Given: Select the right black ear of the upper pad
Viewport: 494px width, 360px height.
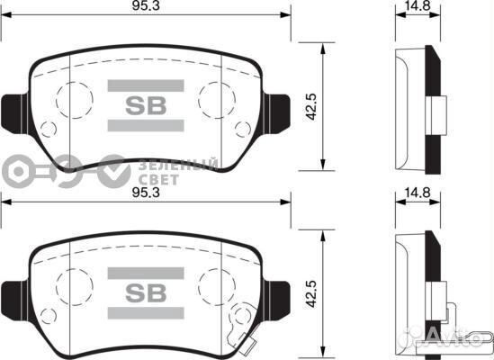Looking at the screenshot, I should (280, 109).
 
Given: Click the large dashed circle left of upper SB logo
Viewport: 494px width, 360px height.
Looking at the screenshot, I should (73, 98).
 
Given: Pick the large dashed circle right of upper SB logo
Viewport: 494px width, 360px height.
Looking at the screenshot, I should (217, 98).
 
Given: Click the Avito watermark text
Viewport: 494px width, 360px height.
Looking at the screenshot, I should (459, 340).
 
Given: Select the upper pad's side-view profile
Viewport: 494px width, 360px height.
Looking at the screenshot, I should (419, 108).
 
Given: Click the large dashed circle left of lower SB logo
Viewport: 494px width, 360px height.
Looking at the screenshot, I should (73, 286).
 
